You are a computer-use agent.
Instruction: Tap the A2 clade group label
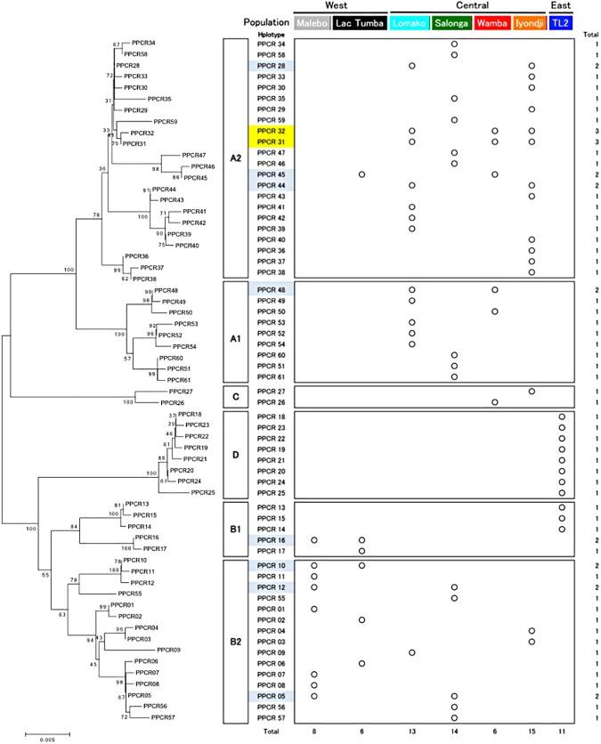(235, 158)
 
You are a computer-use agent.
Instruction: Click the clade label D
(235, 454)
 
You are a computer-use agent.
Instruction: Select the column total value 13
(411, 730)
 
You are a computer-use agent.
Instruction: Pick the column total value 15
(532, 730)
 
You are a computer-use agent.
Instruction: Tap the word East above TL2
(561, 6)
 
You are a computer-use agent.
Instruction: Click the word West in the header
(337, 6)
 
